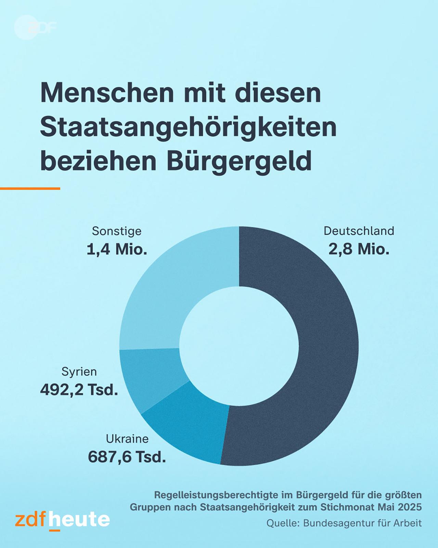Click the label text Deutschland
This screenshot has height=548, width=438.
359,231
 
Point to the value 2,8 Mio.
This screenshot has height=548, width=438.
359,249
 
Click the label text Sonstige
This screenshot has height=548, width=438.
117,231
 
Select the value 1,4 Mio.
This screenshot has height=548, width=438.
117,249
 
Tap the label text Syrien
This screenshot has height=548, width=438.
79,372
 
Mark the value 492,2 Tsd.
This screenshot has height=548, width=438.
79,390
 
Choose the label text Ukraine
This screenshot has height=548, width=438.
127,439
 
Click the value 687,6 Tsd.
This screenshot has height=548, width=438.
127,457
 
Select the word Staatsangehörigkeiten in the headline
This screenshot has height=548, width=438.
188,127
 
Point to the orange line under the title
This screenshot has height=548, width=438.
30,188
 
